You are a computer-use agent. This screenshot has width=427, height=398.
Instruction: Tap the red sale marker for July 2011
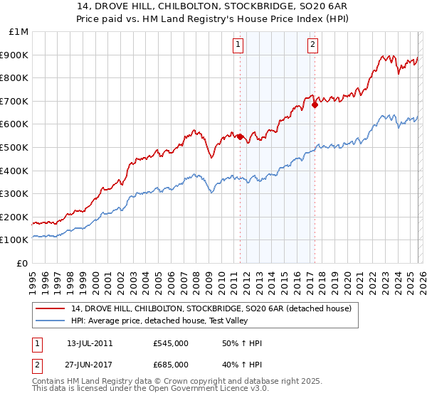tap(240, 136)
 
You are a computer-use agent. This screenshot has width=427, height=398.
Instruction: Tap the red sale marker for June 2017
tap(315, 104)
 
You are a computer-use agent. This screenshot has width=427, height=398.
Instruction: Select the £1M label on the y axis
tap(19, 31)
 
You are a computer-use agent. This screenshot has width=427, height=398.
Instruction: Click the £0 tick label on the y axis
tap(22, 263)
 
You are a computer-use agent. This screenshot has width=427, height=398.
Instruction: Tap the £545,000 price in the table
tap(171, 343)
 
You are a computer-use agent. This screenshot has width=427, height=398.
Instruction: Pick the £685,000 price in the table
tap(171, 365)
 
